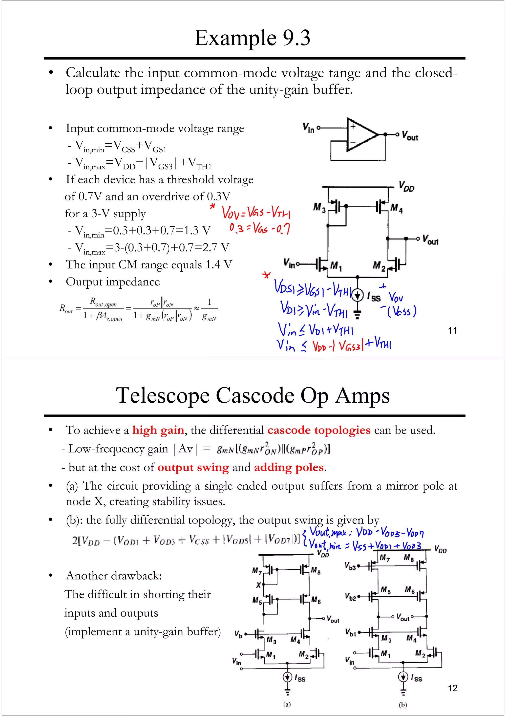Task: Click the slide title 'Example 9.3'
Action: pos(252,38)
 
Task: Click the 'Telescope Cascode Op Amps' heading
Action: pos(253,395)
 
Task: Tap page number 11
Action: pos(452,330)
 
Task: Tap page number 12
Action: pos(452,688)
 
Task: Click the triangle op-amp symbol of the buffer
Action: pos(362,135)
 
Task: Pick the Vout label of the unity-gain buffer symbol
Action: pos(410,136)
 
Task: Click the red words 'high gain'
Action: pos(158,430)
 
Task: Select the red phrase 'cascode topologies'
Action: pos(319,430)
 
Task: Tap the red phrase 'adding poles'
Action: pos(289,467)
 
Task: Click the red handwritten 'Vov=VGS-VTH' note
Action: pos(256,213)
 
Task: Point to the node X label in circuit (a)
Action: pos(258,585)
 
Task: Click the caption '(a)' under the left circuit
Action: pos(287,704)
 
